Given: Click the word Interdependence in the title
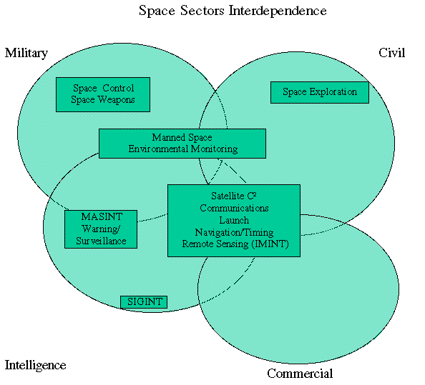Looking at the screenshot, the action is click(278, 11).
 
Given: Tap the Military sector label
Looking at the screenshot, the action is click(26, 54).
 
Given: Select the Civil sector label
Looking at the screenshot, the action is click(391, 53).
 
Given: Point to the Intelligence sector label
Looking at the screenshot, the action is click(35, 366).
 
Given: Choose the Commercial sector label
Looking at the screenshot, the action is click(300, 374).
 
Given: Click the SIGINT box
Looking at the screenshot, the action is click(144, 302).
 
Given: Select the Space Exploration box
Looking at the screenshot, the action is click(320, 92).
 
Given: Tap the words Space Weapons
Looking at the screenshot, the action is click(103, 100).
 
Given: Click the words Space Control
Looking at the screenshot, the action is click(104, 88).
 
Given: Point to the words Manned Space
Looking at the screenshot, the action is click(182, 137).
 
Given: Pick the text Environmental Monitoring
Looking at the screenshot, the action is click(183, 149).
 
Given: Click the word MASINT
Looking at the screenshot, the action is click(102, 216).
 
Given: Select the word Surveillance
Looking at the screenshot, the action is click(101, 241).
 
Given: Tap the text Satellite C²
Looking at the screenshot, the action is click(234, 196).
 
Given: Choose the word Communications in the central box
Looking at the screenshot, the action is click(234, 208).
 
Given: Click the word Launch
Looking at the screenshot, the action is click(234, 220).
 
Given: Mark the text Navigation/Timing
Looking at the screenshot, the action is click(234, 232).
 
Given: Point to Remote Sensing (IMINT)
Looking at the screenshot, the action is click(235, 244).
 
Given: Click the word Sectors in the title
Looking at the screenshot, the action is click(202, 11).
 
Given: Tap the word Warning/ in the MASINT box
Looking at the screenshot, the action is click(101, 229).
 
